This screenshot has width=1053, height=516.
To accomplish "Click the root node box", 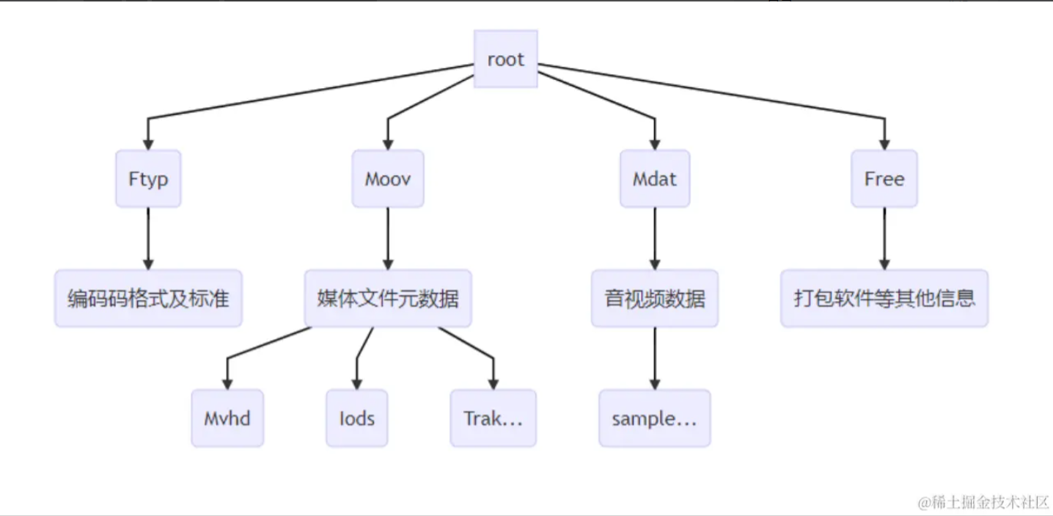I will pos(506,59).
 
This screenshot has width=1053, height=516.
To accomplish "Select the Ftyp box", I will pos(148,179).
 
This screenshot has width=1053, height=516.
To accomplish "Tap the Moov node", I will pos(388,179).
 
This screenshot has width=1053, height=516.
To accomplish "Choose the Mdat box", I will pos(655,179).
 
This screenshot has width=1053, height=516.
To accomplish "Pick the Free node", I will pos(884,179).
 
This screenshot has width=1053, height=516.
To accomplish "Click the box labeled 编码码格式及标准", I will pos(148,299).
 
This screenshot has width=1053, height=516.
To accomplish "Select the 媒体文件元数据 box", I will pos(388,299).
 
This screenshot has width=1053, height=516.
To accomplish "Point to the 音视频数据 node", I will pos(655,299).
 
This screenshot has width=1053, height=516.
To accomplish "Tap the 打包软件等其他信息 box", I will pos(884,299).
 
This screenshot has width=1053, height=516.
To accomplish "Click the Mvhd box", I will pos(227,418).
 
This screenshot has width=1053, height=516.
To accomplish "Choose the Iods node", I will pos(357,418).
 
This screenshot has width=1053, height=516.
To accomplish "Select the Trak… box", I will pos(493,418).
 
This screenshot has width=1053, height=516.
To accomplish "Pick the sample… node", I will pos(655,418).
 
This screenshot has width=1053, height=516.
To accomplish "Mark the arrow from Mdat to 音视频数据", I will pos(655,239).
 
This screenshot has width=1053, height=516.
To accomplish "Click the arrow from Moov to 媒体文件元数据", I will pos(388,239).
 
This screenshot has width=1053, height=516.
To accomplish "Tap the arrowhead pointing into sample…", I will pos(655,383).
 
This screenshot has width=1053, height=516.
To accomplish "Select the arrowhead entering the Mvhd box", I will pos(227,383).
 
